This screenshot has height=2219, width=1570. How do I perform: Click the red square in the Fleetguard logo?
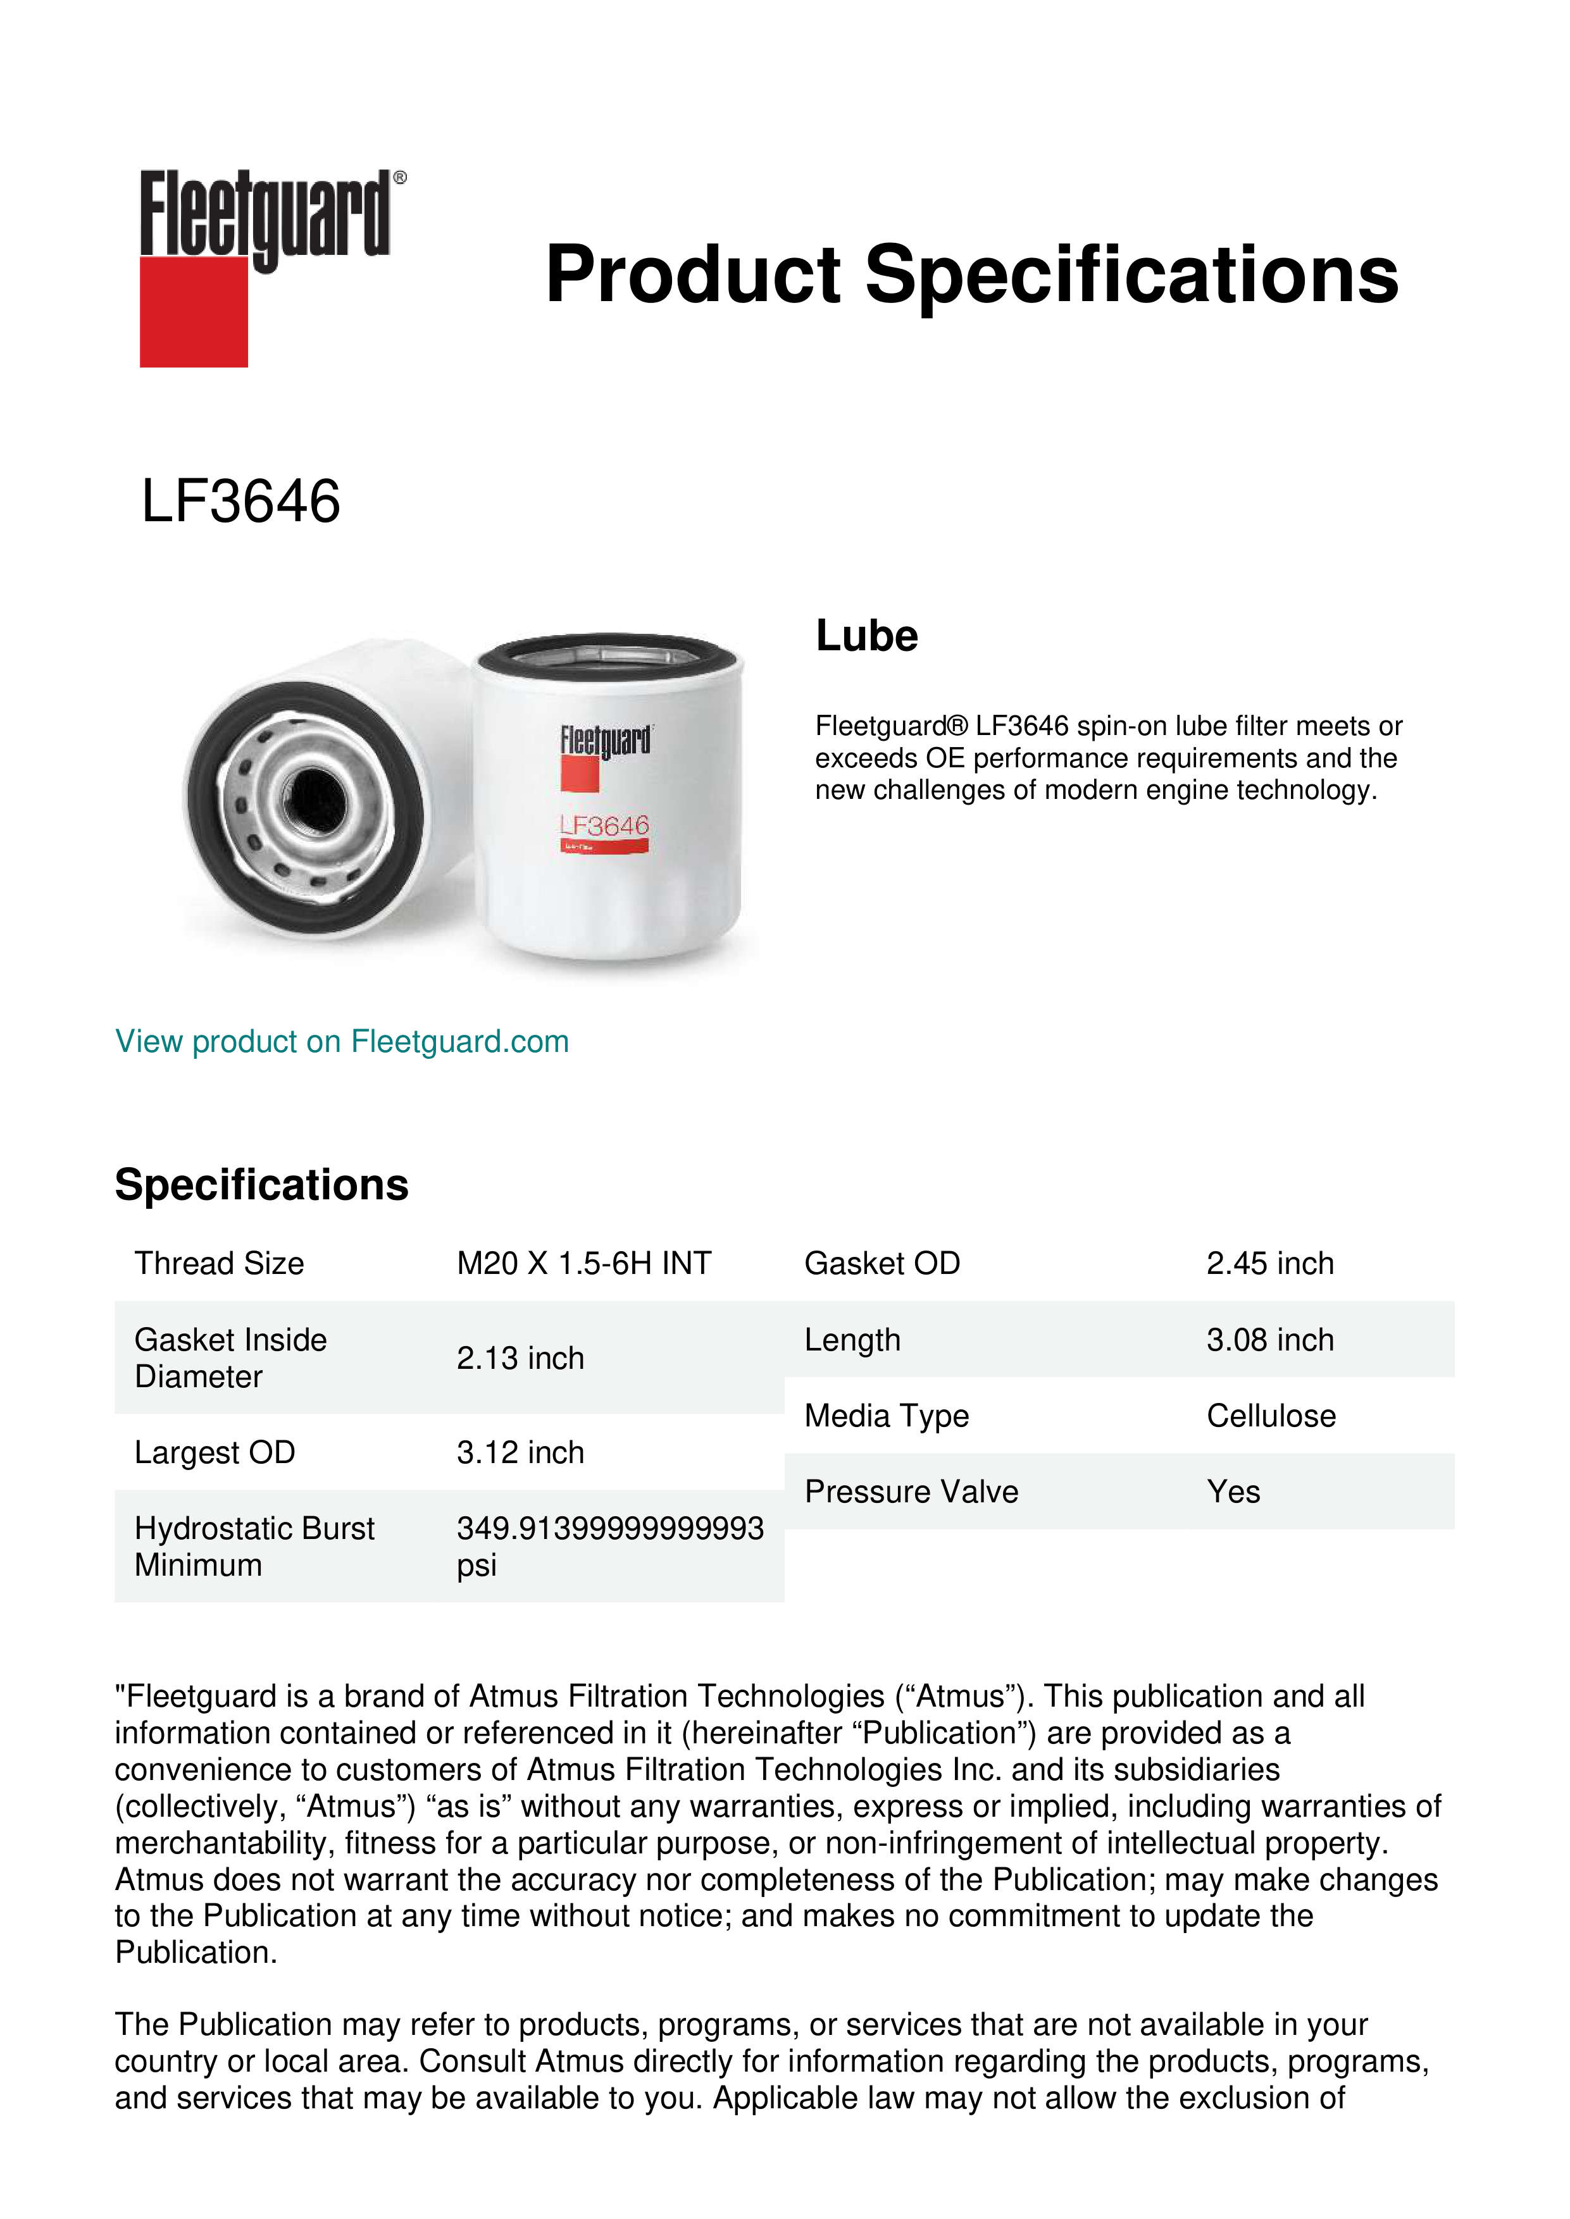pyautogui.click(x=194, y=311)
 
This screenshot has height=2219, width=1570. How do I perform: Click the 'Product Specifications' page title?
pyautogui.click(x=971, y=275)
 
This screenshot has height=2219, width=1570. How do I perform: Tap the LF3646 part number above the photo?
pyautogui.click(x=240, y=502)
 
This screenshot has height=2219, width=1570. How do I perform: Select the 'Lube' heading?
pyautogui.click(x=866, y=636)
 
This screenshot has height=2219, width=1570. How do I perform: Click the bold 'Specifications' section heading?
pyautogui.click(x=261, y=1185)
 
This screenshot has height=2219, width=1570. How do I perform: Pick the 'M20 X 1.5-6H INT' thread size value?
pyautogui.click(x=584, y=1263)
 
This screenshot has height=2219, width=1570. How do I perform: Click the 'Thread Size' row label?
pyautogui.click(x=220, y=1263)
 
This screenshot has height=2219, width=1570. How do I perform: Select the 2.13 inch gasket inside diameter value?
pyautogui.click(x=520, y=1358)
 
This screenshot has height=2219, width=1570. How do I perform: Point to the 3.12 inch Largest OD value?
pyautogui.click(x=520, y=1452)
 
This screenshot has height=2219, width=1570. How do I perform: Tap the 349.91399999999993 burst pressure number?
pyautogui.click(x=610, y=1528)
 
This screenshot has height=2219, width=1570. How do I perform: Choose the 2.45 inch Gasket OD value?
pyautogui.click(x=1269, y=1263)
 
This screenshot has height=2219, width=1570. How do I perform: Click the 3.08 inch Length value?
pyautogui.click(x=1269, y=1340)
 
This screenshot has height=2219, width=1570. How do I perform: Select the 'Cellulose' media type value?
pyautogui.click(x=1270, y=1416)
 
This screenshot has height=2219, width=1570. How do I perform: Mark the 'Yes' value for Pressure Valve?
pyautogui.click(x=1233, y=1492)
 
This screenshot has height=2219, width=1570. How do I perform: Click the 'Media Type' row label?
pyautogui.click(x=887, y=1416)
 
